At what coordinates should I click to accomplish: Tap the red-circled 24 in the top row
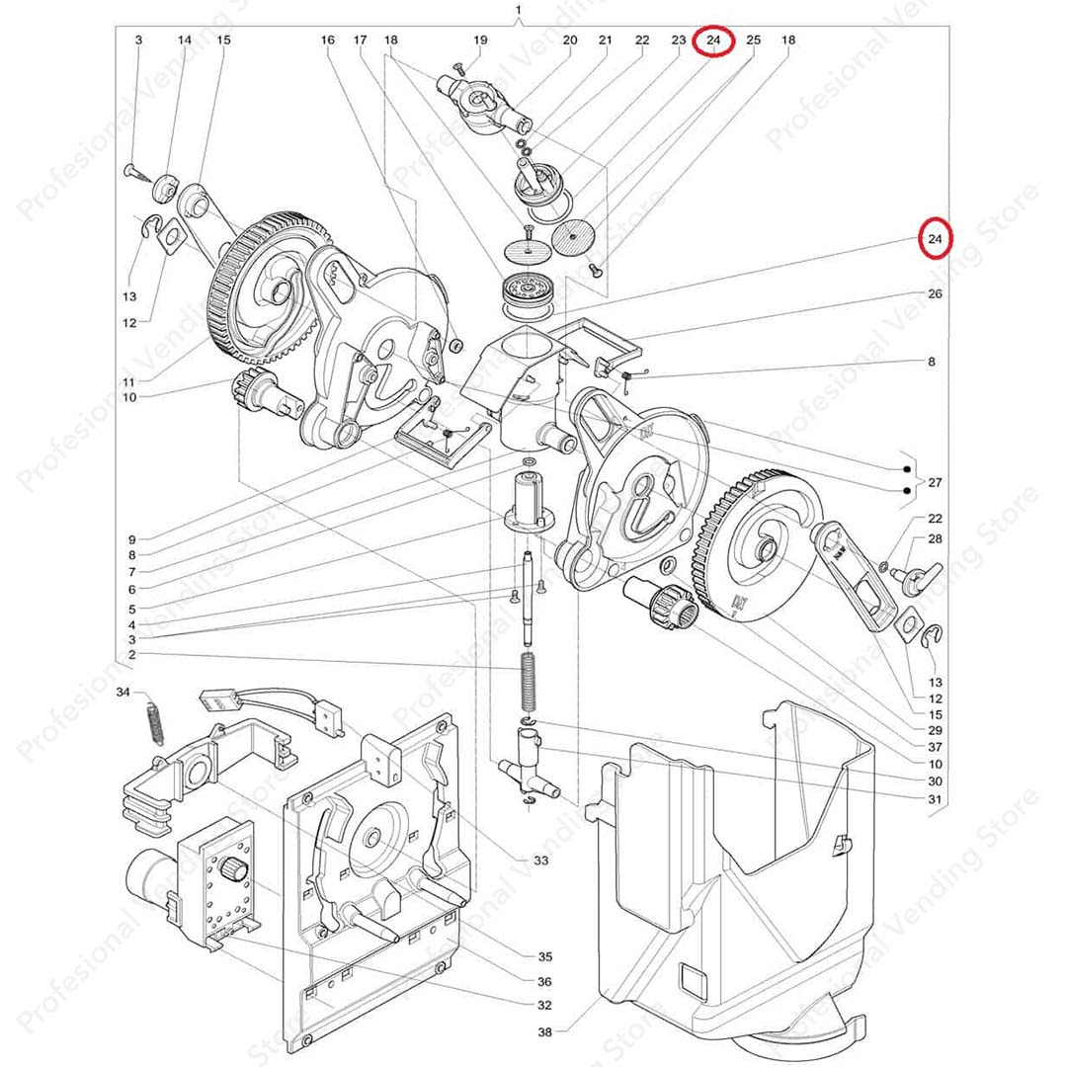[714, 41]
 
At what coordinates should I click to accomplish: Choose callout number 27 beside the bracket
[934, 482]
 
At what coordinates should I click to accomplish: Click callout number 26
[935, 294]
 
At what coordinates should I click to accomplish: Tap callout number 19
[480, 41]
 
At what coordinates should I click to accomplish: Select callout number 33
[540, 861]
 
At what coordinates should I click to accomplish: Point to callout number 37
[935, 746]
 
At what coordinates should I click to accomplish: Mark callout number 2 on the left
[131, 654]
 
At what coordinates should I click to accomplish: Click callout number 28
[935, 538]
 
